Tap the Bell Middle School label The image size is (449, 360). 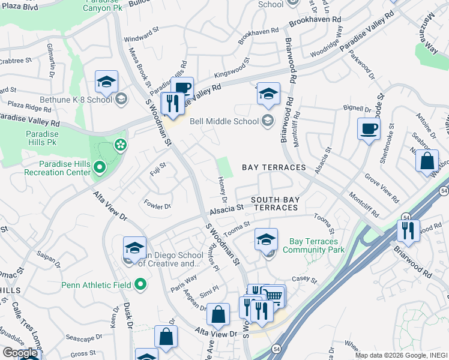point(224,121)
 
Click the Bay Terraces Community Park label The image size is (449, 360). point(313,245)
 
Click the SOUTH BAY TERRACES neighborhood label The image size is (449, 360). point(274,203)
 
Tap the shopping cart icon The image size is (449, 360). point(274,295)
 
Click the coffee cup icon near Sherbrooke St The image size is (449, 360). point(369,128)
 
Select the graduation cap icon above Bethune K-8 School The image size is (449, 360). point(106,81)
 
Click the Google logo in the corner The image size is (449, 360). point(20,353)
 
